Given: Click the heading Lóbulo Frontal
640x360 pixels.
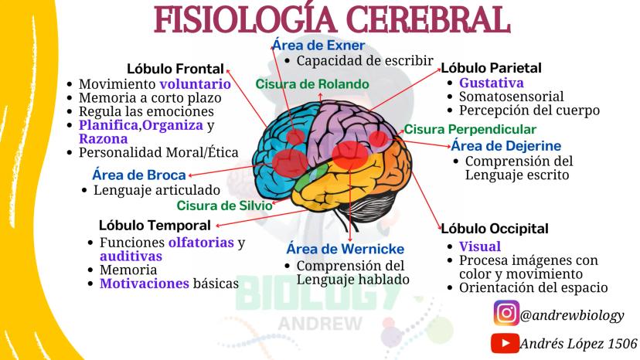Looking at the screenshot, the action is click(175, 69).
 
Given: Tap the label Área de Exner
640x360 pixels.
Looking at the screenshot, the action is click(318, 45).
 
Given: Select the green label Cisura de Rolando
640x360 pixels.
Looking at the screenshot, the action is click(312, 84).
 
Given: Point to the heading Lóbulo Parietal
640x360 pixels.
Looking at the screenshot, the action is click(491, 68).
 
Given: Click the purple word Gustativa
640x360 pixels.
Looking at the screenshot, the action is click(492, 83).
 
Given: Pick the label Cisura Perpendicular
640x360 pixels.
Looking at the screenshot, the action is click(470, 129).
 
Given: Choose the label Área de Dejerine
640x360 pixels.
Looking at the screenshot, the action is click(506, 146).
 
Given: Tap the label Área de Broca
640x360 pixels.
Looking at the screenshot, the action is click(139, 175).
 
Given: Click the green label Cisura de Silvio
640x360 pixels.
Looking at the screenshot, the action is click(224, 205).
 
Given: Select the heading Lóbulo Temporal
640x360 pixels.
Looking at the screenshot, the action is click(155, 226).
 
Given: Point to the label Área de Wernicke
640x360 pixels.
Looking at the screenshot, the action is click(346, 249).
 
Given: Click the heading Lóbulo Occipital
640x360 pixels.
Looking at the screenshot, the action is click(495, 229).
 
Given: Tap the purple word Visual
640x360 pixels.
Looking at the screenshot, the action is click(480, 246).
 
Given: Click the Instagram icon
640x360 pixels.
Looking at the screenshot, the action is click(506, 313).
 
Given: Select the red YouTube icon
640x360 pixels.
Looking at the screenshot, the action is click(505, 343).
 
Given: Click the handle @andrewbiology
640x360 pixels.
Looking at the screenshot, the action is click(572, 315).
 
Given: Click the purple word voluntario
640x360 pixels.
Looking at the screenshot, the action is click(195, 84).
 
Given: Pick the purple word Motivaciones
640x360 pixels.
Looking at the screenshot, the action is click(145, 284).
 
